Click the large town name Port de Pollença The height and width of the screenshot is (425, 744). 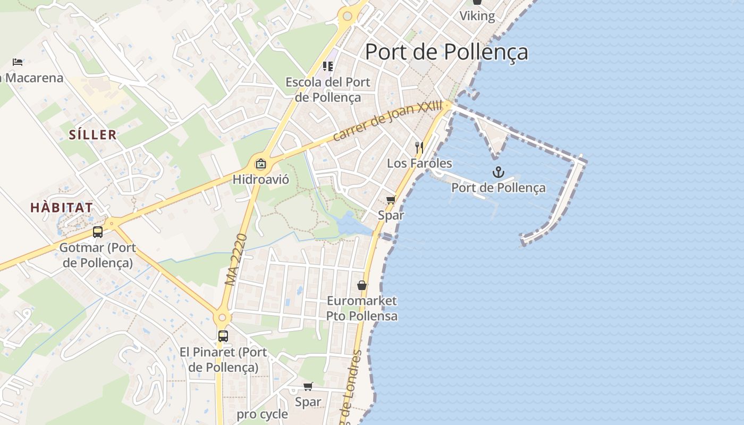click(446, 52)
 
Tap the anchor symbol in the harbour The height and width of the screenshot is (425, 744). click(498, 172)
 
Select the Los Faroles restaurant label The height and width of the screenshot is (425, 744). click(419, 163)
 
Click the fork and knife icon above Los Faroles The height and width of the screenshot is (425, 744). click(419, 147)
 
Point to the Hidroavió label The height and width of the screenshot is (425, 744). click(260, 179)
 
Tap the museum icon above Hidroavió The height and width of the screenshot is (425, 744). click(260, 163)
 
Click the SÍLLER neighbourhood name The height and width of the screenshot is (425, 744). click(93, 134)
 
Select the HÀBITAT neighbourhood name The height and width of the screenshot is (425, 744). click(62, 207)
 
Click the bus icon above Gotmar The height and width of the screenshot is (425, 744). click(98, 232)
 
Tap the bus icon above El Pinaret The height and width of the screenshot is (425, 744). click(223, 336)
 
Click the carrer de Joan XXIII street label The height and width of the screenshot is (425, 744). click(387, 122)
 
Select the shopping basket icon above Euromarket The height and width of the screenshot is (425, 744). click(362, 285)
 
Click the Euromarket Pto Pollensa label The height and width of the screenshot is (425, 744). click(362, 308)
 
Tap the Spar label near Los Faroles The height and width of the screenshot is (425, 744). click(391, 215)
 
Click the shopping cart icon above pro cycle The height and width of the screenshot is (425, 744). click(308, 386)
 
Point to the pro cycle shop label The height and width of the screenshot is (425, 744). click(263, 414)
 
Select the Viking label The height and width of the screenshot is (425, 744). click(477, 16)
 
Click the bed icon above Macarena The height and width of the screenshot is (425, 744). click(18, 62)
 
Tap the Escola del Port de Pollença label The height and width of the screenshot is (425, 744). click(328, 89)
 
